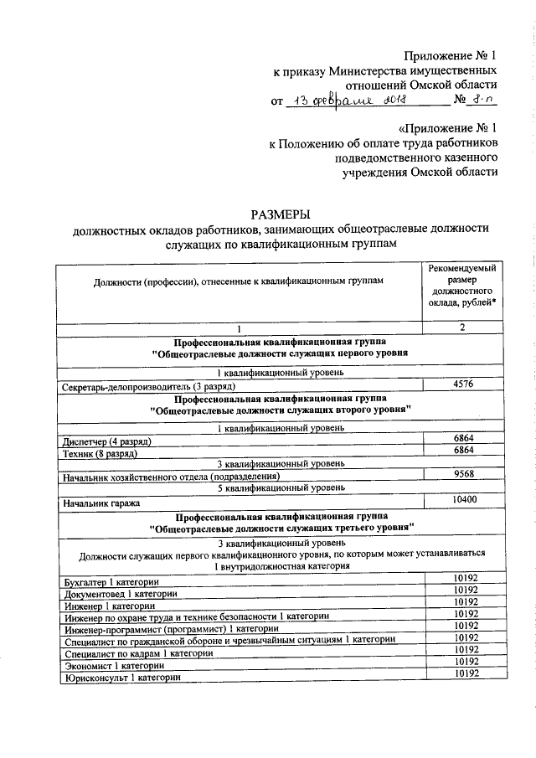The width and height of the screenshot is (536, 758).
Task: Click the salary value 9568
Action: click(x=463, y=473)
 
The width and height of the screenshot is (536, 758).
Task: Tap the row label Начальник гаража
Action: click(x=102, y=503)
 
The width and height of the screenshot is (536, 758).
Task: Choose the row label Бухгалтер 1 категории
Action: click(x=111, y=581)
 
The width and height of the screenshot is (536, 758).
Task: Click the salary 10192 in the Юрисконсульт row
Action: click(x=463, y=673)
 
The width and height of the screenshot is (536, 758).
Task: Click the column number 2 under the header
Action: click(x=462, y=327)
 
